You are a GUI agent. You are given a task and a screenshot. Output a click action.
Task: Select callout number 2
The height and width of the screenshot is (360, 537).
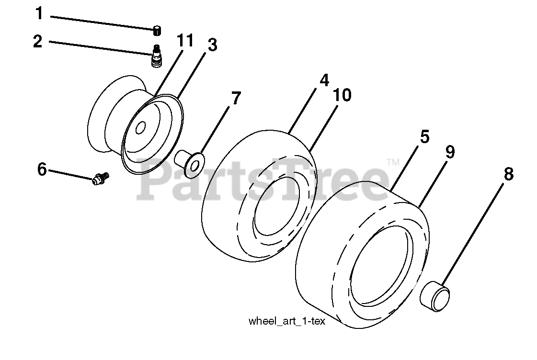[x=38, y=41]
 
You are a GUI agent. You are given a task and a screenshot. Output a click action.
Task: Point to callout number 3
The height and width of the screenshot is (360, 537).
[x=212, y=45]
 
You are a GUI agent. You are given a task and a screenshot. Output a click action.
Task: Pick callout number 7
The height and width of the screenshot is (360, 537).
[x=236, y=99]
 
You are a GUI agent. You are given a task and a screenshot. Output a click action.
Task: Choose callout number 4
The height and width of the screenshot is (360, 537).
[x=324, y=80]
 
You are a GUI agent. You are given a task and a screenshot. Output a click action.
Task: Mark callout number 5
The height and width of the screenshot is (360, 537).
[x=424, y=137]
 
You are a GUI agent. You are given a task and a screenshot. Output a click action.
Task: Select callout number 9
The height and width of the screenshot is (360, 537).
[x=449, y=152]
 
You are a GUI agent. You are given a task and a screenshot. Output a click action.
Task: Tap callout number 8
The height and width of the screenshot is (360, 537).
[x=508, y=174]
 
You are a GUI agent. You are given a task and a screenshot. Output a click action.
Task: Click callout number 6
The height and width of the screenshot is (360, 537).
[x=42, y=169]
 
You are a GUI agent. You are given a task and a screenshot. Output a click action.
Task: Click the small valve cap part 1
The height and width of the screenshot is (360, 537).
[x=157, y=31]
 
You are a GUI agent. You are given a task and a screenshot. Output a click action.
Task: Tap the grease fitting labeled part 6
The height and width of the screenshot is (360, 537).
[x=100, y=179]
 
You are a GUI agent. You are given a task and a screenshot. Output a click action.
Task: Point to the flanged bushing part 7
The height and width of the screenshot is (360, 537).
[x=190, y=161]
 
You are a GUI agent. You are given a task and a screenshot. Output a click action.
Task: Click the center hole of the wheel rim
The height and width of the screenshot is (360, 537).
[x=141, y=128]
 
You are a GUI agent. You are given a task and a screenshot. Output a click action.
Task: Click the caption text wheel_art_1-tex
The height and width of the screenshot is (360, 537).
[x=286, y=321]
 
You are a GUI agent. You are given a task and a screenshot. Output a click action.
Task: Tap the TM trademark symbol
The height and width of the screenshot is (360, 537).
[x=392, y=162]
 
